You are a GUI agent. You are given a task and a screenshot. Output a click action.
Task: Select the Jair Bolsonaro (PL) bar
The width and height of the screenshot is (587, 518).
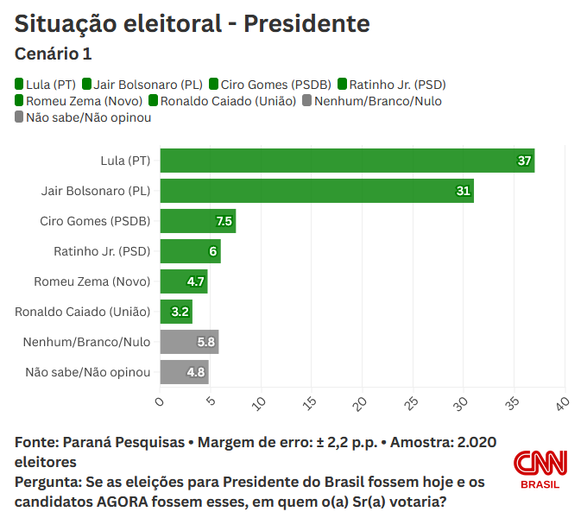point(317,191)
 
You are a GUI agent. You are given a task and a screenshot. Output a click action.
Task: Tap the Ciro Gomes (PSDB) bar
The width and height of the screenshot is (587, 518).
point(198,221)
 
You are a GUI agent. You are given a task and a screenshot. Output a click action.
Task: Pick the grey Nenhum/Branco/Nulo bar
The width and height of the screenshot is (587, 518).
point(189,342)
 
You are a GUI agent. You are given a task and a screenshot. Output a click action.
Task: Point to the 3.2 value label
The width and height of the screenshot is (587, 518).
point(180,312)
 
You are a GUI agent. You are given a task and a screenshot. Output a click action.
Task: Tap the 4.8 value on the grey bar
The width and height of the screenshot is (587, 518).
point(196,373)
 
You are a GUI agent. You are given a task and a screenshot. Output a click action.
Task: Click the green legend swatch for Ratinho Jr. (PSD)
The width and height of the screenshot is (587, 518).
point(342,85)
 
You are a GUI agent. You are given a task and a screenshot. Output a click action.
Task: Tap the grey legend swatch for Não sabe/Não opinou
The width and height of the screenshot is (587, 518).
point(20,117)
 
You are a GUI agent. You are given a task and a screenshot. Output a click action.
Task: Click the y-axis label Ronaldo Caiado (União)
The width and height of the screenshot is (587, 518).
point(83,312)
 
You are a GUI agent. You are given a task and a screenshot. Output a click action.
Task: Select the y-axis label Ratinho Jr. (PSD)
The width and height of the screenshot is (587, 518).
point(102,251)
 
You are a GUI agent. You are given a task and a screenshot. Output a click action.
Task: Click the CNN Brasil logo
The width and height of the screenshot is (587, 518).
point(540,469)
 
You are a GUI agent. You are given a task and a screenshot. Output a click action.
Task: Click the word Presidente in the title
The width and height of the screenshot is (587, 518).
point(306,24)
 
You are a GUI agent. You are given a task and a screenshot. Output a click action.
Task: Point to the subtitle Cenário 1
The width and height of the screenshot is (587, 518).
point(54,54)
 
